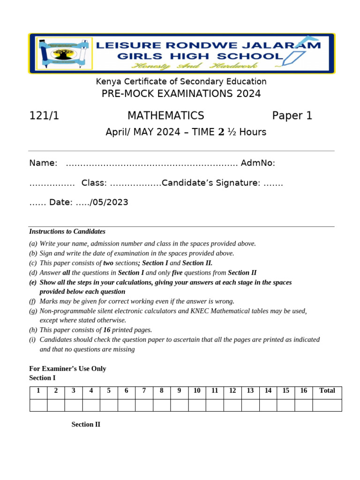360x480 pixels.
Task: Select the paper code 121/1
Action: coord(44,116)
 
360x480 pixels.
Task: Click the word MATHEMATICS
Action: coord(165,116)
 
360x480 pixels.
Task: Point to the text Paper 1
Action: coord(292,116)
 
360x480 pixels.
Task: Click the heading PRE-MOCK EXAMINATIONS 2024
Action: coord(181,94)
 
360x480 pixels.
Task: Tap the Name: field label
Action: coord(43,163)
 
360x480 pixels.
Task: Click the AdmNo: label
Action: coord(258,163)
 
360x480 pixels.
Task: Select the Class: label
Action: coord(94,183)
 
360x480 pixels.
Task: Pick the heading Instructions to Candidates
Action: coord(67,232)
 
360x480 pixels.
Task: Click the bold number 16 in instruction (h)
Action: coord(107,330)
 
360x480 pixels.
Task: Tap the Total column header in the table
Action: coord(327,390)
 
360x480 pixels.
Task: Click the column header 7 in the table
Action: coord(144,390)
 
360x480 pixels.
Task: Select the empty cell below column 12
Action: coord(232,405)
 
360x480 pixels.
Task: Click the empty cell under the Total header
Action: coord(327,405)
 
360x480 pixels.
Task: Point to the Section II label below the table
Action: coord(86,425)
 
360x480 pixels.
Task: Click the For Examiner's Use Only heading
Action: coord(67,369)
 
